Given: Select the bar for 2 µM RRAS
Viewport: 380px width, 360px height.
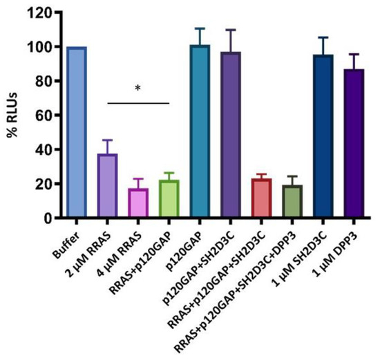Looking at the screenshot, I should point(107,186).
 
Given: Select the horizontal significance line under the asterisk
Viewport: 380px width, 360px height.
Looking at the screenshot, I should point(138,104).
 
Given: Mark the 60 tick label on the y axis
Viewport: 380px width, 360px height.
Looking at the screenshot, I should point(46,115).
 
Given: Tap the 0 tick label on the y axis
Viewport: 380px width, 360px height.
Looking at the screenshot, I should point(50,218).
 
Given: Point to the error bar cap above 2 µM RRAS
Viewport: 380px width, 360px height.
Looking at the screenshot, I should point(107,140).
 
